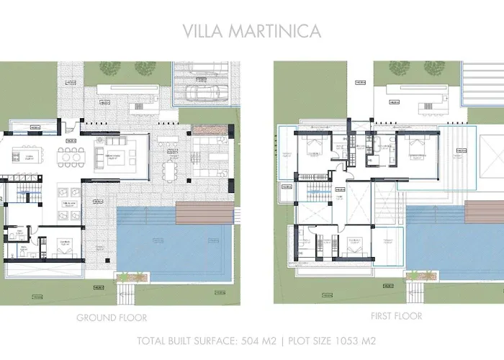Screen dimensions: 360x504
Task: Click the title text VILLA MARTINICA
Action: tap(253, 31)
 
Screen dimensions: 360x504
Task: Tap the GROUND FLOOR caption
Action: tap(112, 318)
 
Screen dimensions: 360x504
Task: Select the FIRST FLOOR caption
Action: tap(396, 316)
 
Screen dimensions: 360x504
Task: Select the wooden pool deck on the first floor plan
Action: tap(484, 212)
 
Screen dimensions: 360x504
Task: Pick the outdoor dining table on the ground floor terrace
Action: tap(171, 171)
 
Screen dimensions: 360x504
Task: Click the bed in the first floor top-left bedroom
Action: tap(315, 148)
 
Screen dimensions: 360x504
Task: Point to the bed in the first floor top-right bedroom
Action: tap(415, 148)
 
